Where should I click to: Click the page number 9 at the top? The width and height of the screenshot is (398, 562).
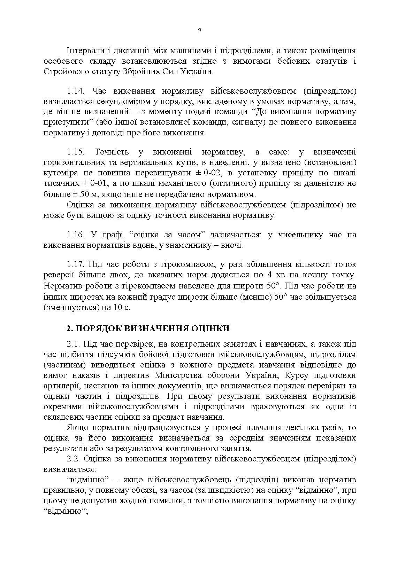click(199, 30)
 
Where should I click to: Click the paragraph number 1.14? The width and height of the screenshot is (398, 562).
click(76, 91)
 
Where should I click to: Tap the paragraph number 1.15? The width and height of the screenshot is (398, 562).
click(76, 152)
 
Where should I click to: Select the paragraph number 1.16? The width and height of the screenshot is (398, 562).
click(76, 235)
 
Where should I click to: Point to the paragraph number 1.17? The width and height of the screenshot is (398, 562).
click(76, 265)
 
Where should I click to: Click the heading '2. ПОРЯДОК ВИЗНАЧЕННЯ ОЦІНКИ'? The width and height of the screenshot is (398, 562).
click(148, 329)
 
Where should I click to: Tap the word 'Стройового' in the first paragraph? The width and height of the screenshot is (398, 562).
click(64, 72)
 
